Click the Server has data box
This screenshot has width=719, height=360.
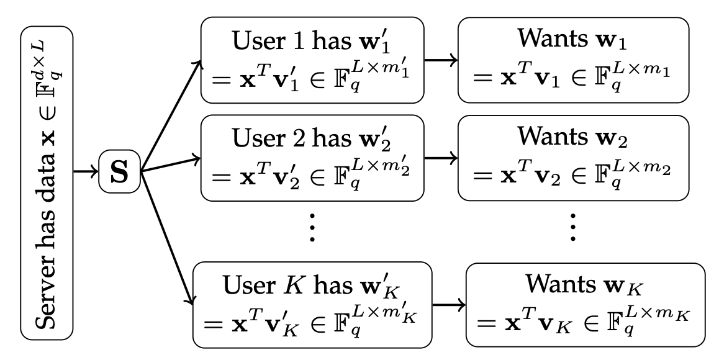47,180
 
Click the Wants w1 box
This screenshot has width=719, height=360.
573,60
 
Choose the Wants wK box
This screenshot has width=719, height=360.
586,305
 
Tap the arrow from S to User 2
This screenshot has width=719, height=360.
171,164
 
